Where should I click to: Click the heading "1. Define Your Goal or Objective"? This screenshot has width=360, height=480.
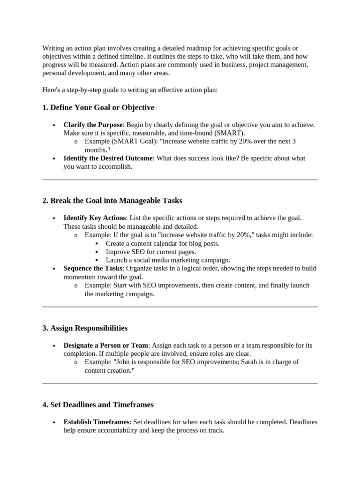click(98, 108)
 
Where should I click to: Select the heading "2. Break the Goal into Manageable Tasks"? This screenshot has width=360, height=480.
click(112, 201)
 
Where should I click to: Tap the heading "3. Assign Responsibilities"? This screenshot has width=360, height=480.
click(85, 328)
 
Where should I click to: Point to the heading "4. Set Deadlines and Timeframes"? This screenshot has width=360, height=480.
click(98, 405)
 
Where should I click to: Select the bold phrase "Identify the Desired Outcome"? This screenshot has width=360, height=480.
click(108, 158)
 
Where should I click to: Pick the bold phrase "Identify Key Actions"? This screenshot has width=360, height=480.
click(94, 218)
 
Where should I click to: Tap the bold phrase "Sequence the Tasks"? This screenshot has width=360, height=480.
click(92, 269)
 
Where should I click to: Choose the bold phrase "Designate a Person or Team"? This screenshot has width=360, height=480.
click(106, 345)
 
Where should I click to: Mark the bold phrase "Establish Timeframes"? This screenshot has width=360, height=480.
click(96, 422)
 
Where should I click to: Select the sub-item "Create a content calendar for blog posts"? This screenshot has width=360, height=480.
click(162, 243)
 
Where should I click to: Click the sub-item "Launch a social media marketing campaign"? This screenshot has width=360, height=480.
click(168, 260)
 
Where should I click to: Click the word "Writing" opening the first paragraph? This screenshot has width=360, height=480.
click(53, 48)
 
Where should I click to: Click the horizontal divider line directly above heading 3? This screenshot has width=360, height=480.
click(180, 307)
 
